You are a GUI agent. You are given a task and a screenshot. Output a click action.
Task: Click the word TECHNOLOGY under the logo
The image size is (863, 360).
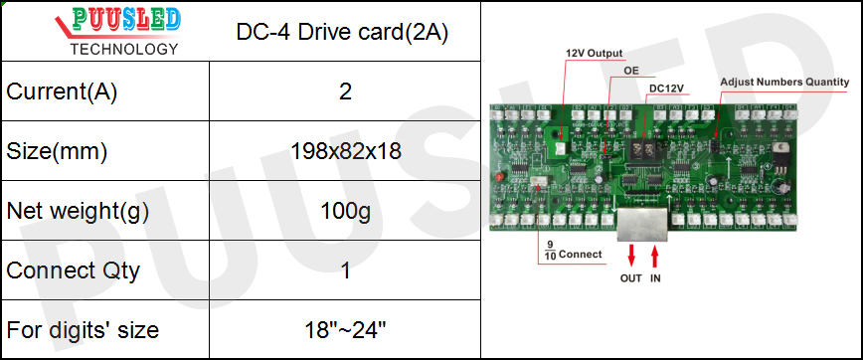124,49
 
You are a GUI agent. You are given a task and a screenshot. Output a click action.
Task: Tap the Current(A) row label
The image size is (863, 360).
62,92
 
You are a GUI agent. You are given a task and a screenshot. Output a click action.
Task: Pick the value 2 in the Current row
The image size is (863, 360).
345,92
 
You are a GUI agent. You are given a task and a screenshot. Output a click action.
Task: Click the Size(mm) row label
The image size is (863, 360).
57,152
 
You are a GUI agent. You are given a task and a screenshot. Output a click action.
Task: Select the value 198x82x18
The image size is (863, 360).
345,152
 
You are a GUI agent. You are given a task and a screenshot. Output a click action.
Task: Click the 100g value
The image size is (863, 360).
345,211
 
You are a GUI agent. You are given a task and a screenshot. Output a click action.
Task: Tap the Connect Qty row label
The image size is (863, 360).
74,270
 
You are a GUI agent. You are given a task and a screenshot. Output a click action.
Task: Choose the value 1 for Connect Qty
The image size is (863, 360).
345,270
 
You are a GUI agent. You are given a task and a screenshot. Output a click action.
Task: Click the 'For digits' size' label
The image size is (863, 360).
83,329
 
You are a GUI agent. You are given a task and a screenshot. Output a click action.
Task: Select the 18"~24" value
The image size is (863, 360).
345,329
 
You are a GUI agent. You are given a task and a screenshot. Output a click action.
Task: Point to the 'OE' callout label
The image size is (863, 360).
630,71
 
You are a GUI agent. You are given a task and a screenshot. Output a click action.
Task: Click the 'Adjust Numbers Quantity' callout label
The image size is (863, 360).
784,81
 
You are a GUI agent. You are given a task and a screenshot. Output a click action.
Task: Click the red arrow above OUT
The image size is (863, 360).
630,257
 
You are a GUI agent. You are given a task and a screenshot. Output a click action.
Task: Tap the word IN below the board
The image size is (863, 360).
655,278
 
